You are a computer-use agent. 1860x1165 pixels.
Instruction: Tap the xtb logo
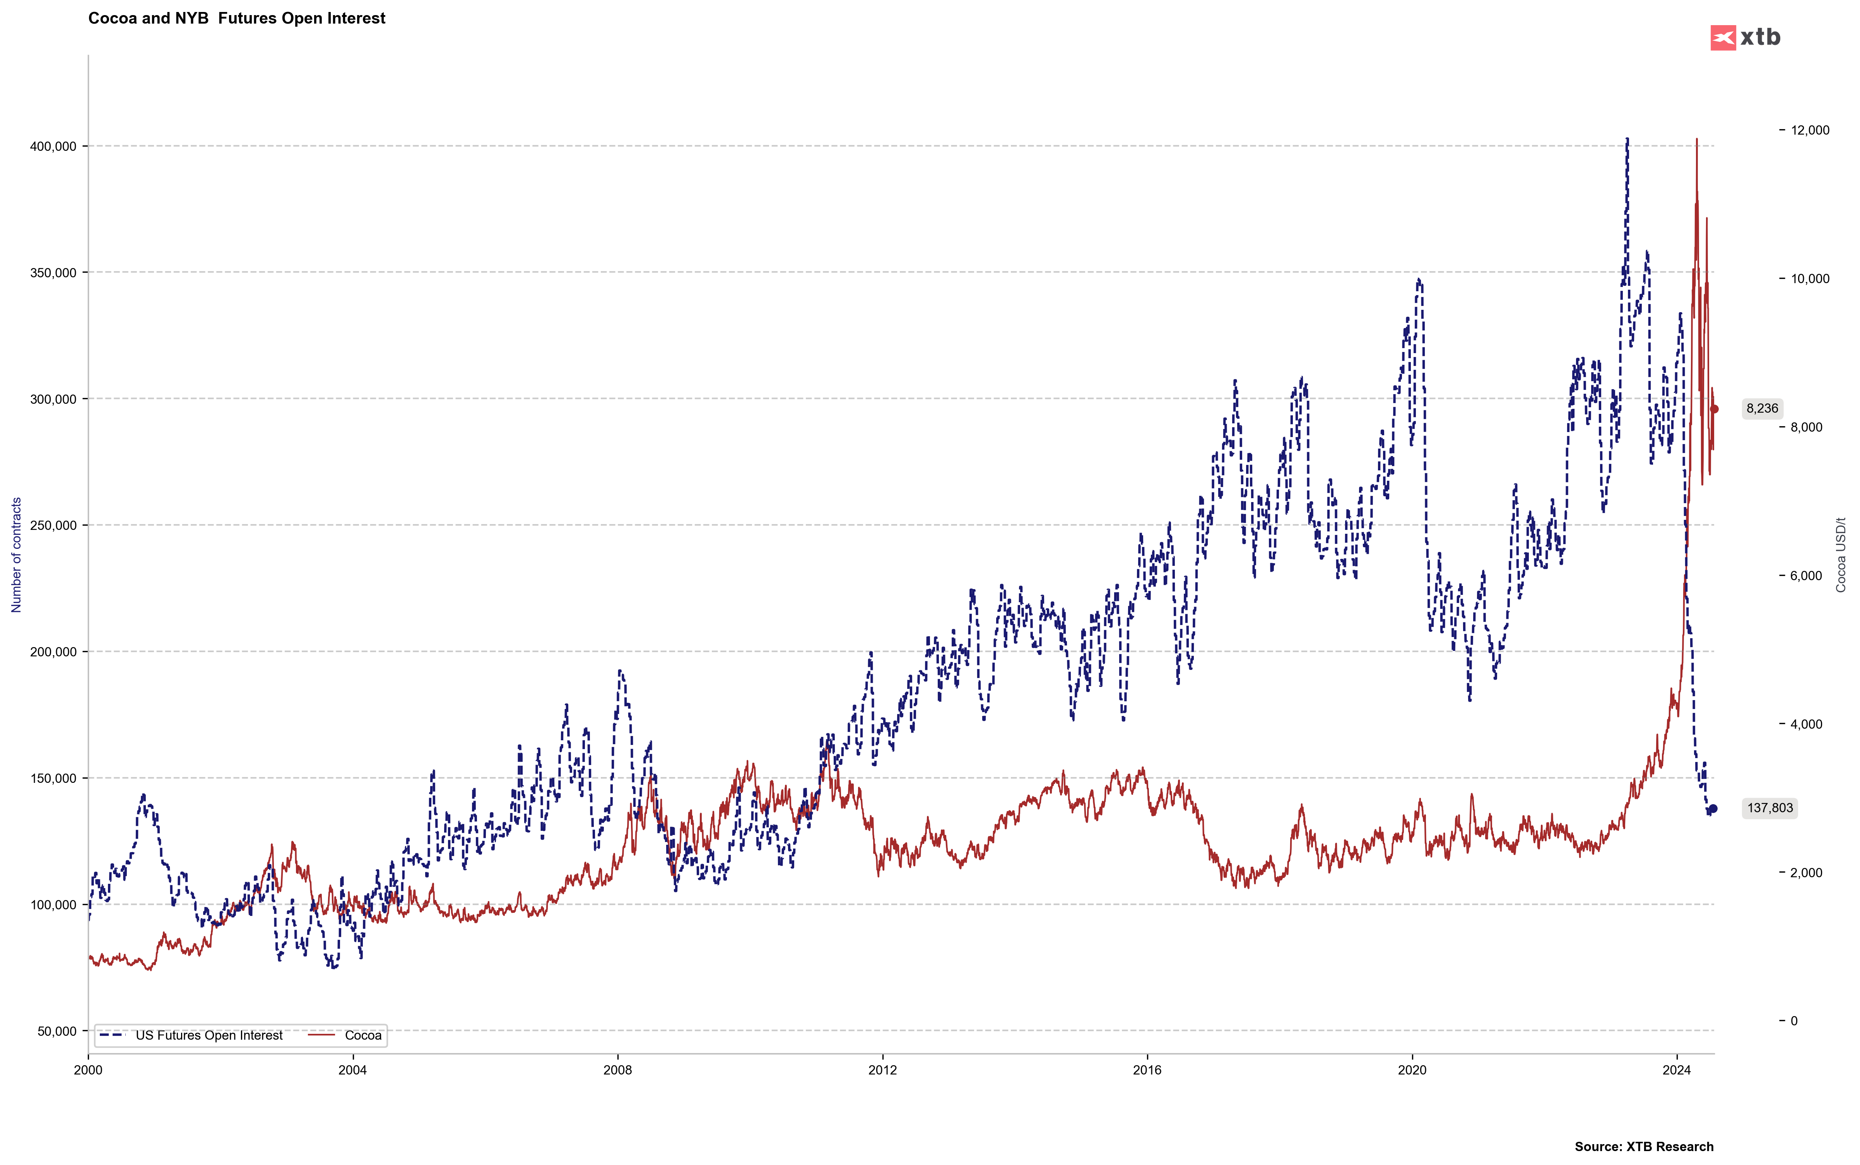click(x=1745, y=37)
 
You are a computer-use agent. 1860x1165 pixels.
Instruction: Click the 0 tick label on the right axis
click(x=1794, y=1021)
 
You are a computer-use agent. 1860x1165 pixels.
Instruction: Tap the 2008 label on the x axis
click(x=617, y=1070)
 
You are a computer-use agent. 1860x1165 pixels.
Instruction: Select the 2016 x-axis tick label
click(x=1147, y=1070)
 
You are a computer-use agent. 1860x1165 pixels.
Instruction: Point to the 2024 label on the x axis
click(x=1677, y=1070)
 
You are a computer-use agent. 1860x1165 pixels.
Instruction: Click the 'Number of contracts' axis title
click(x=16, y=555)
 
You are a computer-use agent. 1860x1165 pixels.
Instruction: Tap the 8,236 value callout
click(x=1762, y=408)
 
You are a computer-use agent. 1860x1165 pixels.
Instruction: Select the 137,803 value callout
click(x=1770, y=808)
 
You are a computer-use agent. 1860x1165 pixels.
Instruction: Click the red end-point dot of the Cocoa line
click(x=1715, y=409)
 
